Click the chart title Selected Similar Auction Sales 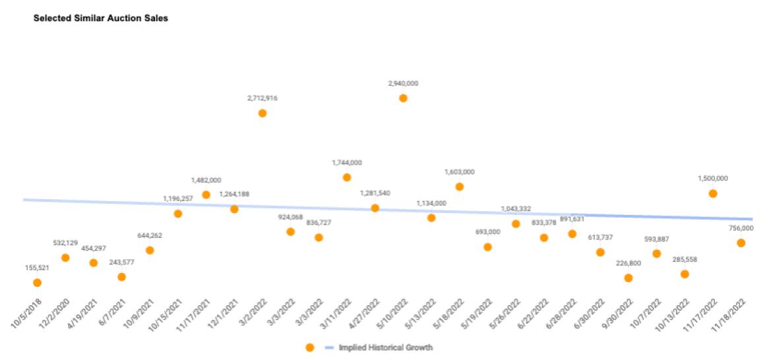(101, 18)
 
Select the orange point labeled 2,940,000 (403, 98)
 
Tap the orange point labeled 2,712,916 (262, 113)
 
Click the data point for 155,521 (37, 283)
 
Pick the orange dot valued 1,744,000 (347, 177)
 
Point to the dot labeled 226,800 (628, 278)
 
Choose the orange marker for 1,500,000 (713, 194)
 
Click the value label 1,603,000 (460, 172)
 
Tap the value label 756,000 (741, 228)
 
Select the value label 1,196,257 (178, 198)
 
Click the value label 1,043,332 (516, 209)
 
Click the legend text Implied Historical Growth (386, 347)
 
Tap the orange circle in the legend (310, 347)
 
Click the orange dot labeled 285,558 (685, 274)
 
